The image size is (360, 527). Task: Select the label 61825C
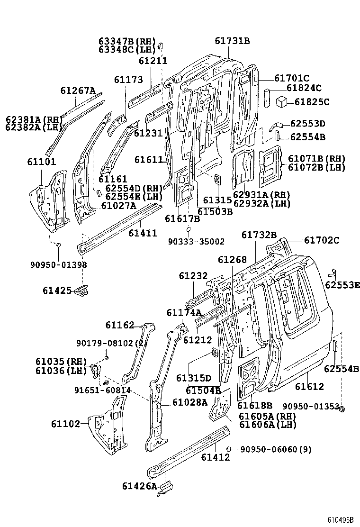(x=312, y=101)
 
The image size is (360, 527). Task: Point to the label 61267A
(x=78, y=91)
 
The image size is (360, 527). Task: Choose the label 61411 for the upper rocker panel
(x=143, y=233)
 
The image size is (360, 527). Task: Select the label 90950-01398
(x=59, y=264)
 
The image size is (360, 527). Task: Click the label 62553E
(x=342, y=285)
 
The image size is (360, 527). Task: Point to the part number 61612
(x=309, y=387)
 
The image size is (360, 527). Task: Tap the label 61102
(x=65, y=424)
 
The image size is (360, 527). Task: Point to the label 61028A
(x=190, y=402)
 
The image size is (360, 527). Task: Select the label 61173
(x=128, y=80)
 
